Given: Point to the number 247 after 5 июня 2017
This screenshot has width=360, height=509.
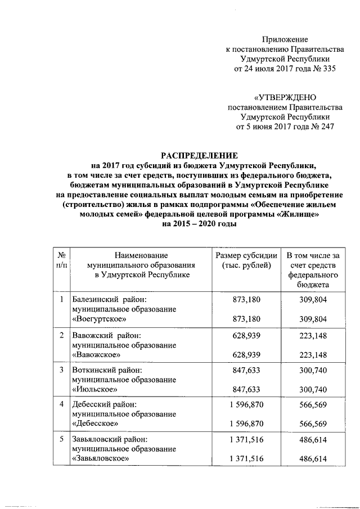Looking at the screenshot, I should click(x=326, y=127).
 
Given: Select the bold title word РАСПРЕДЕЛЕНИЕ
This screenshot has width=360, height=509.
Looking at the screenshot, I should click(x=200, y=155).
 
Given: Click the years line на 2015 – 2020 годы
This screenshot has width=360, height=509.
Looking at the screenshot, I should click(x=200, y=223).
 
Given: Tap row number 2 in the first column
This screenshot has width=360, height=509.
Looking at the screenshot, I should click(x=61, y=335).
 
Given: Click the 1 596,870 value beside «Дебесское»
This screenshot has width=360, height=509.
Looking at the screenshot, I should click(x=246, y=424).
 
